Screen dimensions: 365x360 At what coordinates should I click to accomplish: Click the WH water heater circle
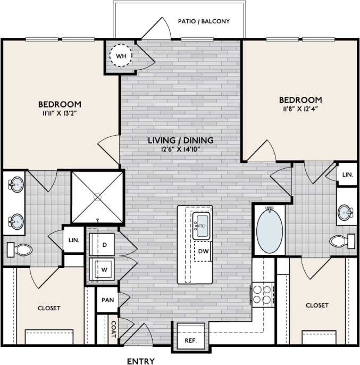(x=121, y=55)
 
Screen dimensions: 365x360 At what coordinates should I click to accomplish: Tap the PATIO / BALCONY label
(x=204, y=21)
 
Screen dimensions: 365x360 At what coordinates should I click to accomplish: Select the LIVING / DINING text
(x=181, y=140)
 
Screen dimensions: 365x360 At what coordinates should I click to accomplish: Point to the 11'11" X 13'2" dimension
(x=59, y=113)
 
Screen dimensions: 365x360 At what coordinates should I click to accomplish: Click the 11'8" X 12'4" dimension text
(x=300, y=109)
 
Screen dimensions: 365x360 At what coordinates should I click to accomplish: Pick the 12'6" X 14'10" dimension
(x=181, y=150)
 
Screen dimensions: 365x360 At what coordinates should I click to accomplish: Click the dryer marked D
(x=104, y=245)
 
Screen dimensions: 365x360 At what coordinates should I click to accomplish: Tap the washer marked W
(x=104, y=269)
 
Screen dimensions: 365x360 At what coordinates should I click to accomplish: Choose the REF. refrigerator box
(x=190, y=340)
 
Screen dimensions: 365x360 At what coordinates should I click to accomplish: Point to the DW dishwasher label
(x=203, y=251)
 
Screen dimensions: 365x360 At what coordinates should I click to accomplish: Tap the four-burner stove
(x=262, y=294)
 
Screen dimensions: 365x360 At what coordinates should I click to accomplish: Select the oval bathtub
(x=270, y=229)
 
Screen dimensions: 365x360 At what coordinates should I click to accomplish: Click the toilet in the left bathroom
(x=20, y=249)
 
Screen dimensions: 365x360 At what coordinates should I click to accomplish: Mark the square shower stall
(x=97, y=197)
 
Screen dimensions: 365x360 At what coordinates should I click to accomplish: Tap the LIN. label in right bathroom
(x=348, y=175)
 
